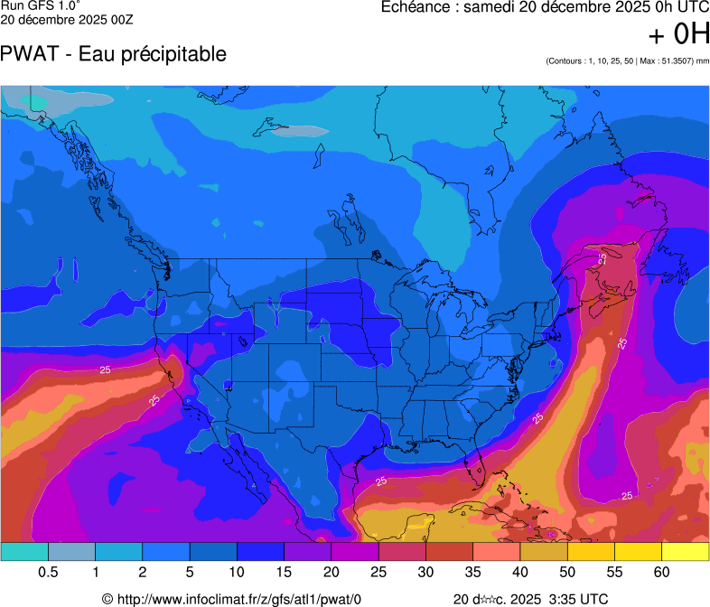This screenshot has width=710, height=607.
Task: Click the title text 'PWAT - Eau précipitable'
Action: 113,53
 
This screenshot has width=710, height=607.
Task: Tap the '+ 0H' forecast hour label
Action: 678,34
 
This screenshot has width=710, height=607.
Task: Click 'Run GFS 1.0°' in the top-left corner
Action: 40,5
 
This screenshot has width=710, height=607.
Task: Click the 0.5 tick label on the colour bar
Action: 48,573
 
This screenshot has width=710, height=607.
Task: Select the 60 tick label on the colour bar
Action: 661,573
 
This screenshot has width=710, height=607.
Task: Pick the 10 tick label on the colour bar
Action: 237,573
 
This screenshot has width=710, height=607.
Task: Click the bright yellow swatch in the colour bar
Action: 685,551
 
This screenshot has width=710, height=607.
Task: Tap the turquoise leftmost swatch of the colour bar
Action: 24,551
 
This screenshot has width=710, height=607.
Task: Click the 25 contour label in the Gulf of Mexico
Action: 381,481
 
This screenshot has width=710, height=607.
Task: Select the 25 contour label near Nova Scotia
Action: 602,258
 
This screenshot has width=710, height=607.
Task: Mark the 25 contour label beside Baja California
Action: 154,399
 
